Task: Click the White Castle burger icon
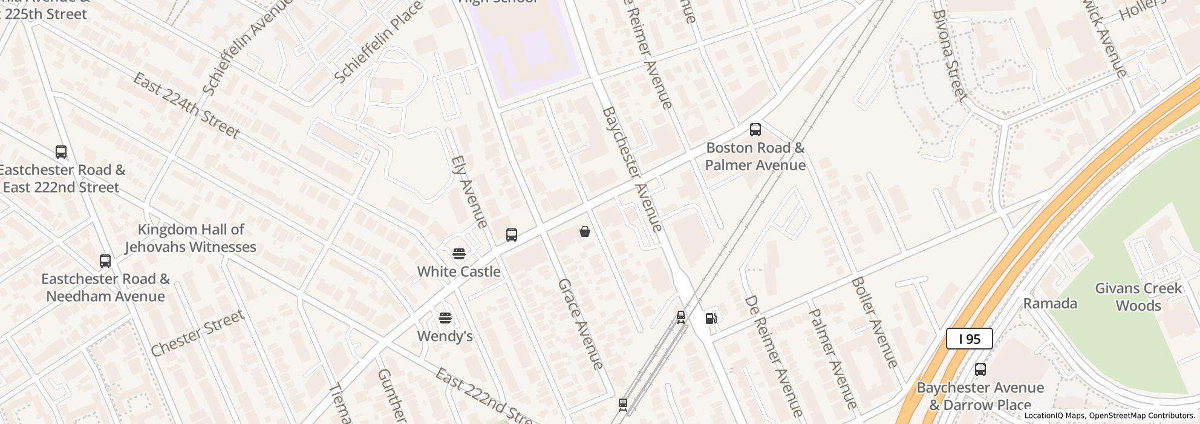coord(459,253)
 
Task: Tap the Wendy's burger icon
coord(445,318)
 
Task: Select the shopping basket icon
coord(585,231)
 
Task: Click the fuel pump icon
coord(711,318)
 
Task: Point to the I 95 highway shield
coord(969,339)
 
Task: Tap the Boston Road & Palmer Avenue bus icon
coord(755,129)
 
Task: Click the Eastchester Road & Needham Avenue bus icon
coord(105,261)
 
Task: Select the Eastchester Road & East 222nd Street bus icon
coord(61,151)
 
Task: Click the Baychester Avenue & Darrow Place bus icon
coord(980,369)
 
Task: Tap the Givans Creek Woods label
coord(1138,297)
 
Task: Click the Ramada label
coord(1050,303)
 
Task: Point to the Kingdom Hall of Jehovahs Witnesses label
coord(191,238)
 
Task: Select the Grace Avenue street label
coord(580,323)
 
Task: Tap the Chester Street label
coord(197,333)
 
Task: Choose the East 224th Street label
coord(186,105)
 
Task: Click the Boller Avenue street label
coord(874,322)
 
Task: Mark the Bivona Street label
coord(950,55)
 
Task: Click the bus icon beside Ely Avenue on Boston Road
coord(512,235)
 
